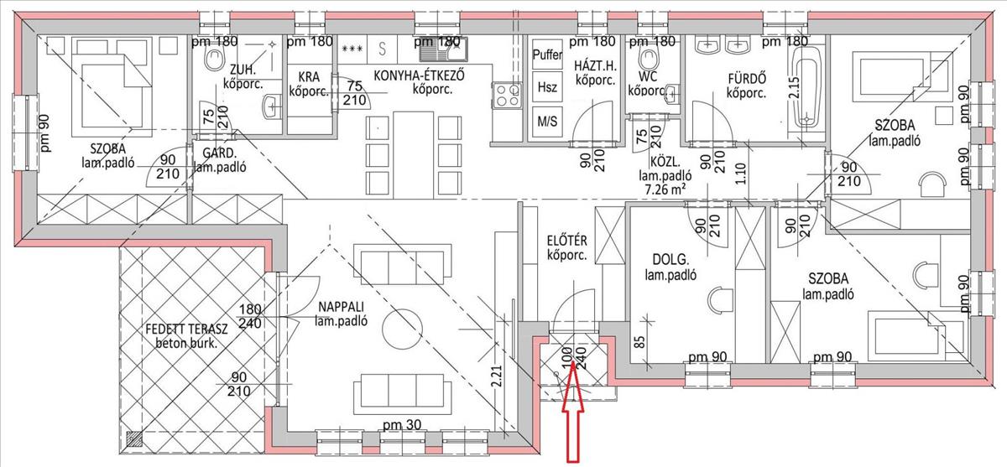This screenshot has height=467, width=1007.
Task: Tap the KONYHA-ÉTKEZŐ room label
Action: click(x=419, y=75)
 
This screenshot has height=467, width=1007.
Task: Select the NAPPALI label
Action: click(x=341, y=307)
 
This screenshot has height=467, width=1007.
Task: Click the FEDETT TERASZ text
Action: click(x=186, y=329)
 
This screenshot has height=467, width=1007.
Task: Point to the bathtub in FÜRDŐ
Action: click(x=807, y=87)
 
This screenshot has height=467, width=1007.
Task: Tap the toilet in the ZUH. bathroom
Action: click(x=214, y=59)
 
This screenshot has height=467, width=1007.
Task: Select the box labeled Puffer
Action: click(x=547, y=54)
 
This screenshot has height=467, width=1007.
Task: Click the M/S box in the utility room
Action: click(x=547, y=121)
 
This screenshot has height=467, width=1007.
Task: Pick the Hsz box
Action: click(x=547, y=87)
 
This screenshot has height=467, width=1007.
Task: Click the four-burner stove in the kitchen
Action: click(x=508, y=96)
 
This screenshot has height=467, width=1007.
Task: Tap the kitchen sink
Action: click(x=444, y=49)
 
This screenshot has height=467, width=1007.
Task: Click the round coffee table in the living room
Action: click(x=402, y=329)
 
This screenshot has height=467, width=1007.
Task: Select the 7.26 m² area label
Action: click(x=665, y=189)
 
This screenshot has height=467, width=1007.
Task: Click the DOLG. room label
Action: click(x=670, y=260)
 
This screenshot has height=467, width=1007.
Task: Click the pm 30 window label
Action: click(x=402, y=424)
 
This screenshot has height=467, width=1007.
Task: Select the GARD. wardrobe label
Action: click(x=219, y=153)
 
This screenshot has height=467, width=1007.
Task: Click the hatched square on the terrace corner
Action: click(x=134, y=438)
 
